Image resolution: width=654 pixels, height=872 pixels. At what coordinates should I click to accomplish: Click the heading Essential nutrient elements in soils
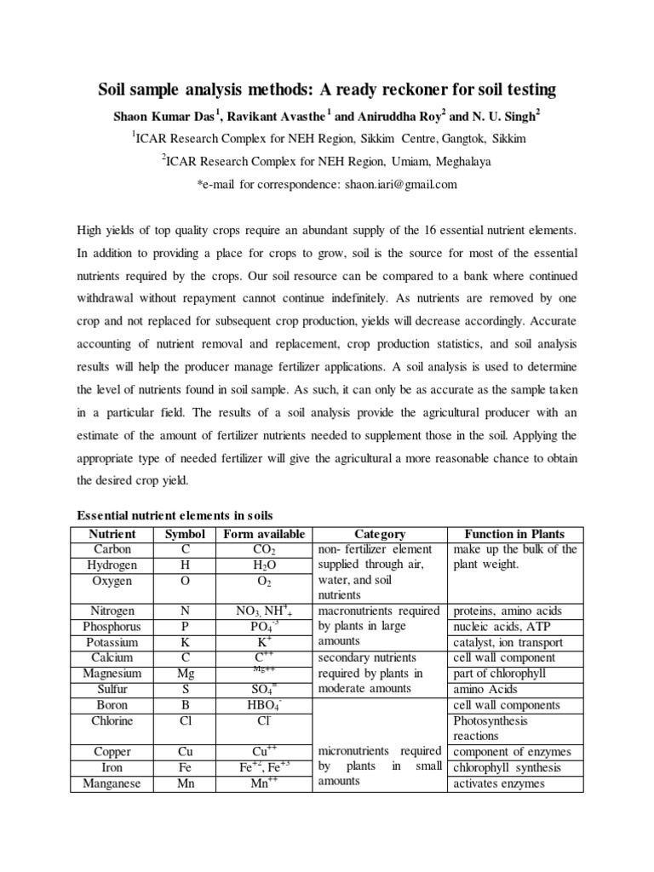[x=175, y=515]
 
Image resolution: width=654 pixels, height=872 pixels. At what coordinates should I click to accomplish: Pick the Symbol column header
[x=185, y=534]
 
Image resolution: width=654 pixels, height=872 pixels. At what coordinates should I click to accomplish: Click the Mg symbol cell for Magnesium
[x=185, y=674]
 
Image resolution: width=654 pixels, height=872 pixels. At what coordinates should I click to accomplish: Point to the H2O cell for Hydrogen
[x=265, y=565]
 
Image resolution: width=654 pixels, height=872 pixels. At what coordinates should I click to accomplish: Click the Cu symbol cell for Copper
[x=185, y=752]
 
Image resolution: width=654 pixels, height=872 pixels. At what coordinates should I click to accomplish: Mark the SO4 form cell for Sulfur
[x=265, y=689]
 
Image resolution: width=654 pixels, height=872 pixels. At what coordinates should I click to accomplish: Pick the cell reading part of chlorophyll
[x=502, y=674]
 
